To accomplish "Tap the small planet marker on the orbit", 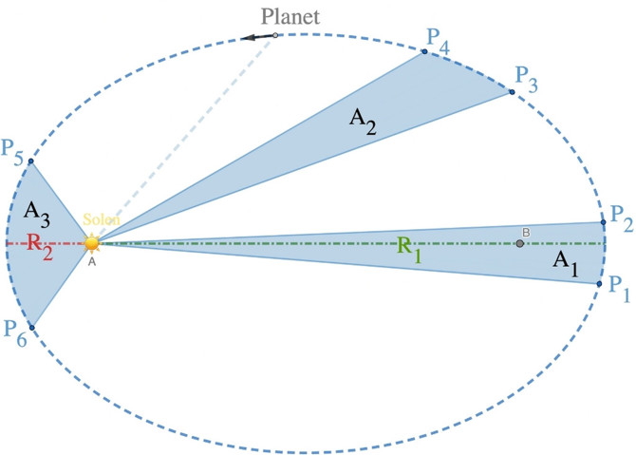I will tap(275, 36).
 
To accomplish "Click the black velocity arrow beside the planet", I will tap(254, 38).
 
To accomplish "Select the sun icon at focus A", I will tap(91, 243).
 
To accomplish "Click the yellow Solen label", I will tap(102, 220).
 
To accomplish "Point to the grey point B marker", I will tap(519, 244).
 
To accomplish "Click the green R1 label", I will tap(409, 248).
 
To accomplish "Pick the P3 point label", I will tap(527, 77).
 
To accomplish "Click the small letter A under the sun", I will tap(92, 262).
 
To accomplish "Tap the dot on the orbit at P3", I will tap(512, 92).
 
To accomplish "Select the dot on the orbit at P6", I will tap(31, 328).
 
